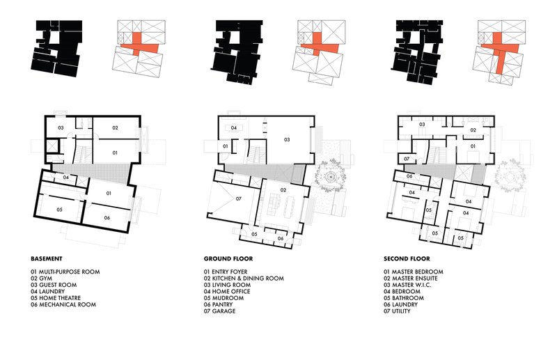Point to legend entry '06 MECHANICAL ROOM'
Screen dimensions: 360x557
tap(63, 304)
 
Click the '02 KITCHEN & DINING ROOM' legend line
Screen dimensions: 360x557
tap(244, 278)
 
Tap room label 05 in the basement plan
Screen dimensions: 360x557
tap(60, 209)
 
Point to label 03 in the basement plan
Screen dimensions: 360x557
tap(61, 129)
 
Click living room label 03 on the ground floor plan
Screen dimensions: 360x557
tap(285, 139)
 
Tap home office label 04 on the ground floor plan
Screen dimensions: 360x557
tap(234, 128)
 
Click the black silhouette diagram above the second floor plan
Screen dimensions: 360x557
tap(416, 47)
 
